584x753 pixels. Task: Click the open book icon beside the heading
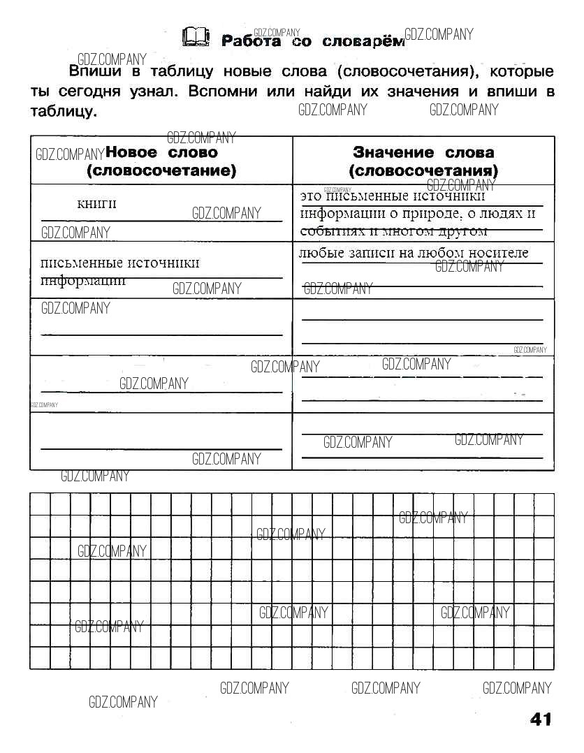(194, 38)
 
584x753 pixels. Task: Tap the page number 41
(541, 719)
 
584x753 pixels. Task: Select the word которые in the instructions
(522, 71)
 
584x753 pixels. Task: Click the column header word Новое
(133, 152)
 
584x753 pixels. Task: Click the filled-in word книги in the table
(96, 203)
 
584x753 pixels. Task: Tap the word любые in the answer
(318, 253)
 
